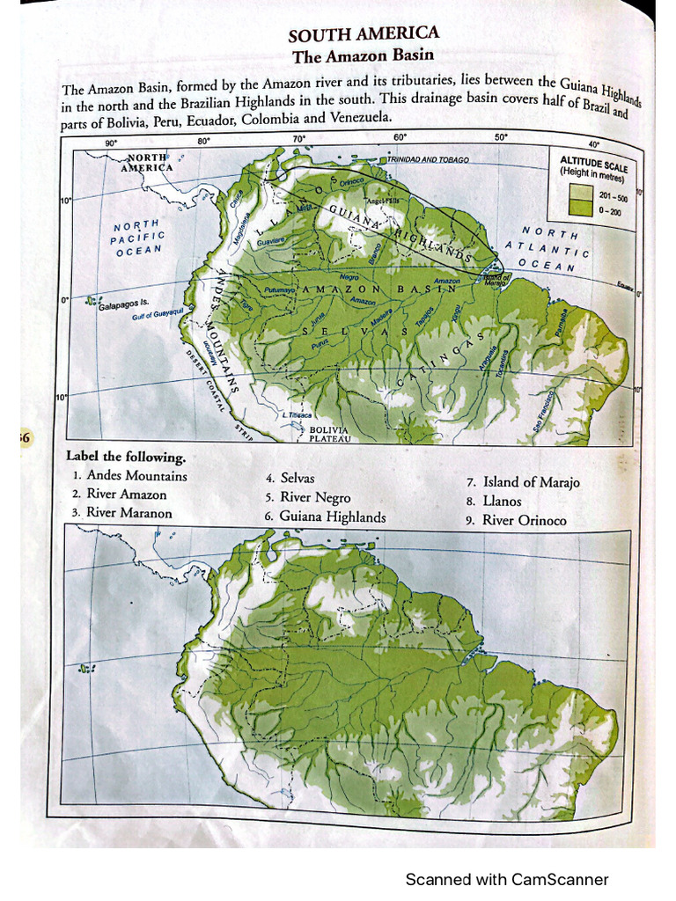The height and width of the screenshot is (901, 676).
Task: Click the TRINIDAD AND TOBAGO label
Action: (x=427, y=160)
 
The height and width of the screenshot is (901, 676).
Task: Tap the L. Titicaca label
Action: (x=297, y=415)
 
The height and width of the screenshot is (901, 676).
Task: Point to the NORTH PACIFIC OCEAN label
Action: (x=136, y=238)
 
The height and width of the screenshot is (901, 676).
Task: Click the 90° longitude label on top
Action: (x=111, y=143)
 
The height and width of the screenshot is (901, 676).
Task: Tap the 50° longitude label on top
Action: (x=500, y=137)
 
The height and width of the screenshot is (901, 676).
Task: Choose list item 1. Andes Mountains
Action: (x=129, y=476)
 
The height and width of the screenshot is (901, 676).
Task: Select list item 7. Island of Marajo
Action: (x=523, y=482)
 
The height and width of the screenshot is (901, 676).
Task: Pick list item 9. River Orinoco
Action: (x=517, y=520)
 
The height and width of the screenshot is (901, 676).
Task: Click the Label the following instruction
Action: (x=126, y=458)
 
